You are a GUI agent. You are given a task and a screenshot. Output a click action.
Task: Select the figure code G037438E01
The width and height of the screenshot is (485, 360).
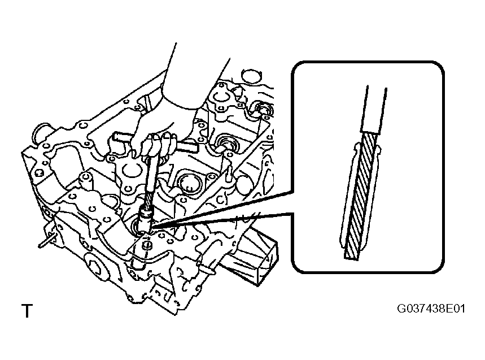tap(431, 309)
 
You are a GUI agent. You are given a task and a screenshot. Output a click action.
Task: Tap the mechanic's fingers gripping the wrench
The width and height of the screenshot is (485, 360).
tap(158, 145)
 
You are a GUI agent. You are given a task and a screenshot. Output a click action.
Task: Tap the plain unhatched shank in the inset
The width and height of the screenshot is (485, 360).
tap(374, 109)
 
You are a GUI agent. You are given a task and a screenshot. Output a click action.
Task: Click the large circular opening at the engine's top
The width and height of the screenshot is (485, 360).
tap(251, 76)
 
